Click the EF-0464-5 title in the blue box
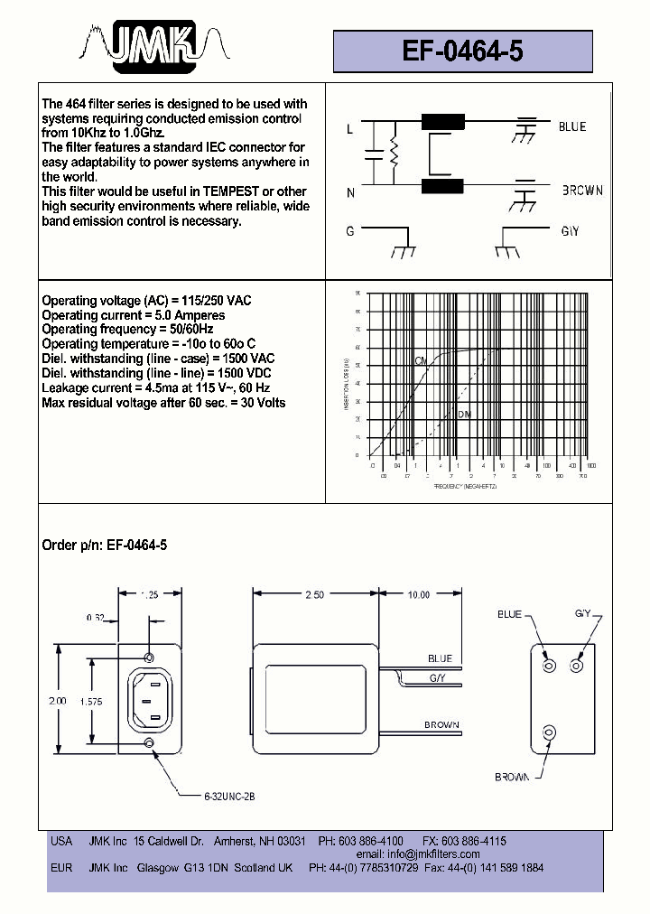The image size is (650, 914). click(462, 51)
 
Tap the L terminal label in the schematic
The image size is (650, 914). click(350, 129)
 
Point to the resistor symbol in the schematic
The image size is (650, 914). click(394, 155)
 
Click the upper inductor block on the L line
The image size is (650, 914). click(442, 123)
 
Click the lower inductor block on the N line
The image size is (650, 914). click(442, 186)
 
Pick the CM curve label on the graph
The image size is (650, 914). click(421, 361)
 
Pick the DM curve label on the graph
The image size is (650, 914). click(464, 415)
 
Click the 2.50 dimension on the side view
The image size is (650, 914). click(315, 595)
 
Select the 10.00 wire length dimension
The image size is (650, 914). click(418, 595)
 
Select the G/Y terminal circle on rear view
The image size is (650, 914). click(576, 666)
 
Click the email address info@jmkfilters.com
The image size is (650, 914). click(418, 853)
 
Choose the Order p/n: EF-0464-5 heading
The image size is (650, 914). click(105, 546)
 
